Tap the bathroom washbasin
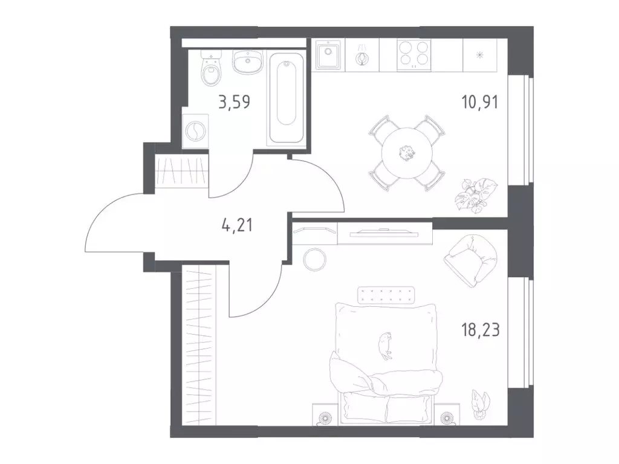pyautogui.click(x=247, y=62)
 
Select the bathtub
pyautogui.click(x=287, y=98)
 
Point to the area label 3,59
pyautogui.click(x=235, y=102)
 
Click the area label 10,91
pyautogui.click(x=480, y=101)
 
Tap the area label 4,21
pyautogui.click(x=237, y=225)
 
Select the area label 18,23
pyautogui.click(x=481, y=329)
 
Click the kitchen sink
pyautogui.click(x=328, y=55)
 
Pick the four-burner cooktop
pyautogui.click(x=413, y=54)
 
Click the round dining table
pyautogui.click(x=407, y=153)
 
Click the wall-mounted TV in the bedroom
pyautogui.click(x=384, y=234)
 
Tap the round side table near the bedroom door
pyautogui.click(x=314, y=259)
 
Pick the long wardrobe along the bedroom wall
pyautogui.click(x=199, y=344)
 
